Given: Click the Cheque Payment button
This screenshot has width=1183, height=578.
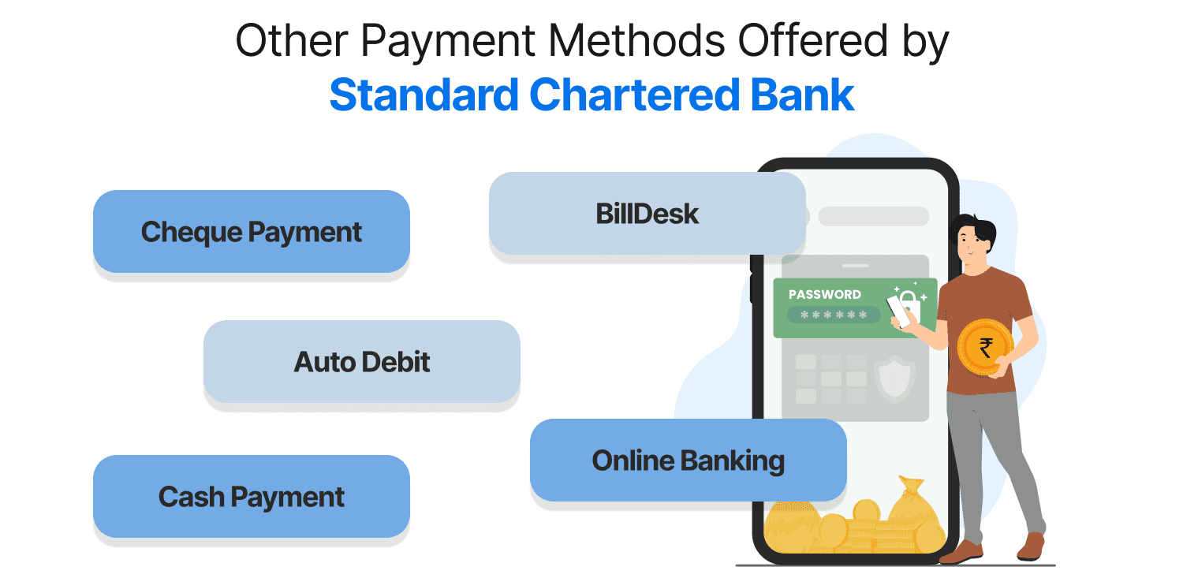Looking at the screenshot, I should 251,232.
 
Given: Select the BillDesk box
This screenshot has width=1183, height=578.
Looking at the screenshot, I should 647,214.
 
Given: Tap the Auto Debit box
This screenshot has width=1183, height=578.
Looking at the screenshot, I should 361,362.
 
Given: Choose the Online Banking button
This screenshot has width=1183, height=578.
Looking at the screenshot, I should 688,461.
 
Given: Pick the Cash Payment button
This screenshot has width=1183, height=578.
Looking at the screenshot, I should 251,497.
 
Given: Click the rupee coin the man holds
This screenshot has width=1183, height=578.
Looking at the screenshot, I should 985,346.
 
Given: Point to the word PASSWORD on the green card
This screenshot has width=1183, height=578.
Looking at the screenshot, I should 824,294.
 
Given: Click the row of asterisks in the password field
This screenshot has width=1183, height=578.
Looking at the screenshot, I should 834,315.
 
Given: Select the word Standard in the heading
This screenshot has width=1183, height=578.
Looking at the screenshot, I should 423,95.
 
